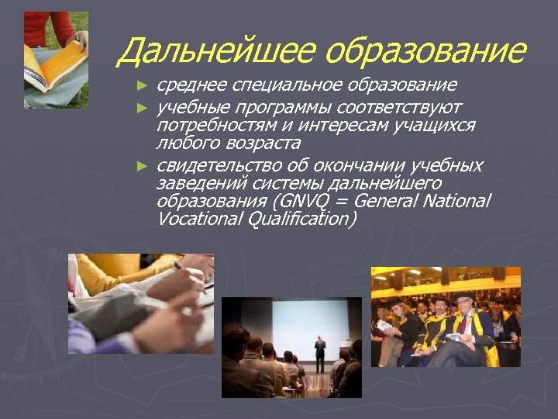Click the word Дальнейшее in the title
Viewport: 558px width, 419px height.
click(215, 52)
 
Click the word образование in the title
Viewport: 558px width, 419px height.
click(425, 52)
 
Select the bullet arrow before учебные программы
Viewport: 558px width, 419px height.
click(141, 106)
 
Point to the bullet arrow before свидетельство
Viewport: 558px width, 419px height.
click(141, 165)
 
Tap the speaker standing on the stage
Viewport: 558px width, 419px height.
click(319, 354)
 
